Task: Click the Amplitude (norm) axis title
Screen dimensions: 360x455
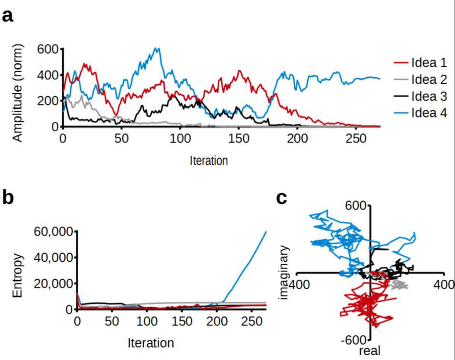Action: coord(17,92)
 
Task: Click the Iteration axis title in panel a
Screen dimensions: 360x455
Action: coord(209,161)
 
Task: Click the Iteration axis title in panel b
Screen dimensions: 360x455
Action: coord(151,344)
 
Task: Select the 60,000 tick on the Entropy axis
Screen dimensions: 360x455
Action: coord(52,232)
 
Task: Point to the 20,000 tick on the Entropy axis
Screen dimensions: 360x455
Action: coord(52,284)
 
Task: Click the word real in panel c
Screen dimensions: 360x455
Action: coord(370,351)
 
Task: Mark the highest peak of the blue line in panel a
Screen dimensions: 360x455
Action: coord(158,48)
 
